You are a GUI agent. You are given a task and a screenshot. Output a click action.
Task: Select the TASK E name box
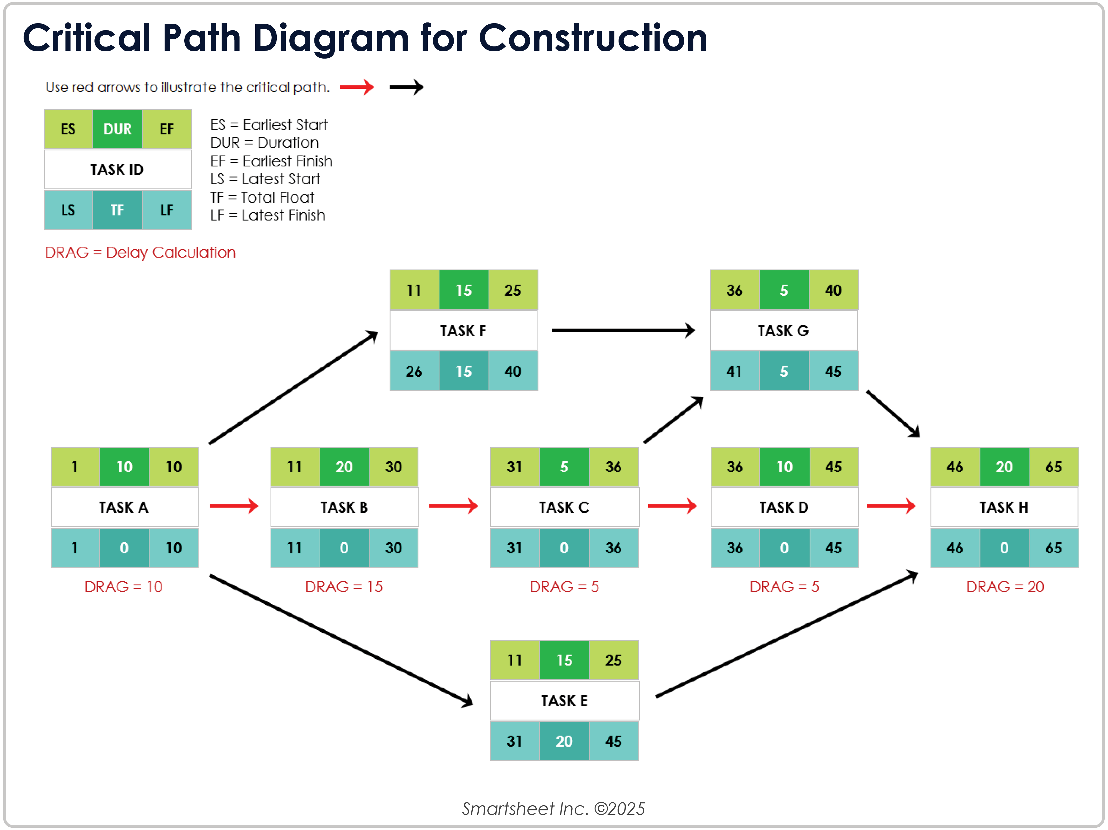point(564,700)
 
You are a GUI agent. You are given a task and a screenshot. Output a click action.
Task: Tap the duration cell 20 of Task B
point(344,466)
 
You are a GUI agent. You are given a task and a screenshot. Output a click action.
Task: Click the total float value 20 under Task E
point(564,741)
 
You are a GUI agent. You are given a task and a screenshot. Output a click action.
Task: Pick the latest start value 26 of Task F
point(414,371)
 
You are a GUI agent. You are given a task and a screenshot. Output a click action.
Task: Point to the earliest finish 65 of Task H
point(1054,466)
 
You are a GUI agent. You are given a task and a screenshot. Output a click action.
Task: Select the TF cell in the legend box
point(117,210)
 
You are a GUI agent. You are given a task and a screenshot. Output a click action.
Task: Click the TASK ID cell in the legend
point(117,169)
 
